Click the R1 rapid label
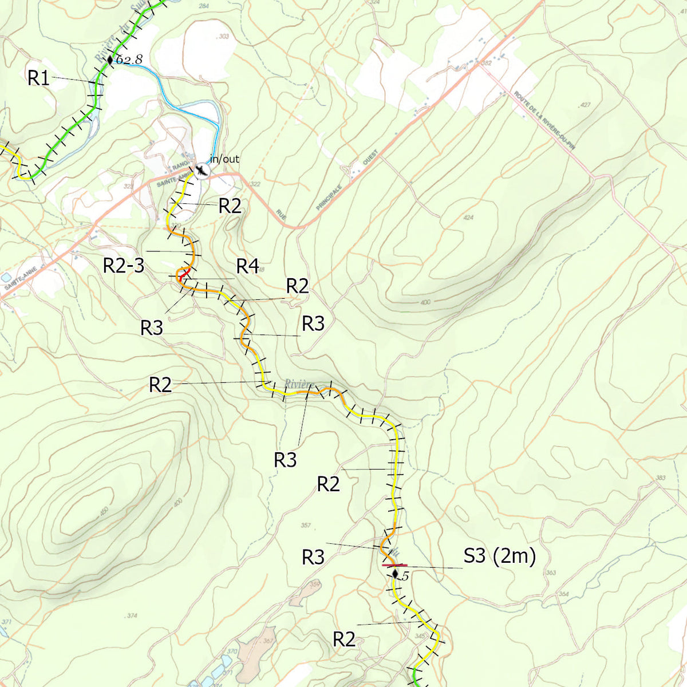tap(38, 78)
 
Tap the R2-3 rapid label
tap(123, 266)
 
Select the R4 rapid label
tap(247, 266)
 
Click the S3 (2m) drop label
tap(499, 556)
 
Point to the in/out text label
tap(224, 159)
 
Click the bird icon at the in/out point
tap(202, 170)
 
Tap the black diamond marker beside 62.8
tap(110, 59)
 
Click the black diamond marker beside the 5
tap(394, 574)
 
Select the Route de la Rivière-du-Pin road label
tap(544, 120)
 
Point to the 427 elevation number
tap(585, 105)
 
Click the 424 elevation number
tap(469, 218)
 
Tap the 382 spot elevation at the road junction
tap(487, 63)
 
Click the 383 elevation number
tap(661, 477)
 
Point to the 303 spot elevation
tap(223, 37)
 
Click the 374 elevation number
tap(132, 615)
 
